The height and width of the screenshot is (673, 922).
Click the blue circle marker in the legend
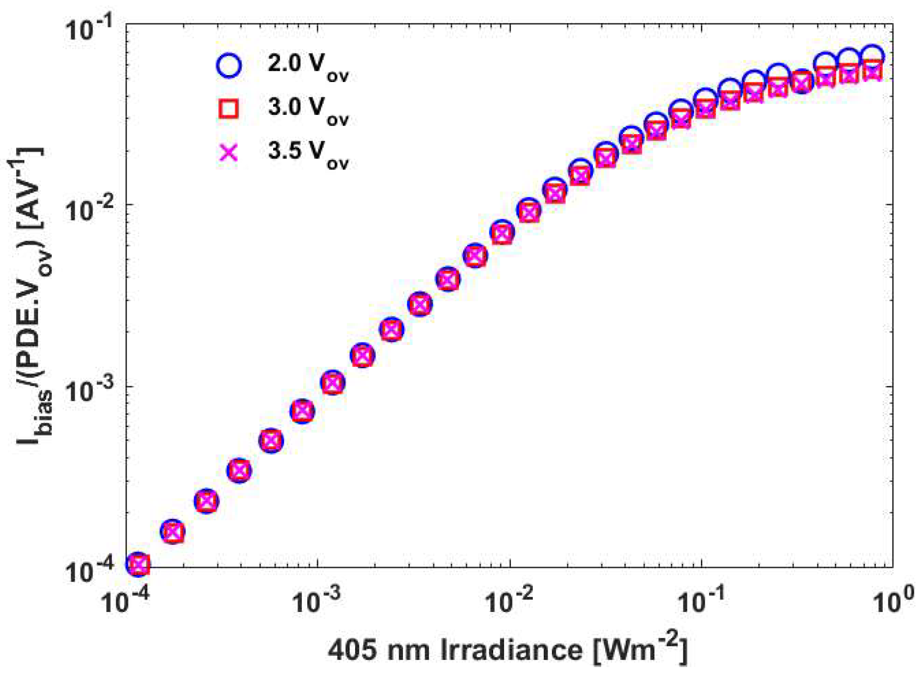[x=229, y=65]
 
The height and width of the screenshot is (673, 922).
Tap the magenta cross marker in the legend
[x=229, y=152]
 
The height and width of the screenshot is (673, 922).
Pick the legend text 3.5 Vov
[x=308, y=154]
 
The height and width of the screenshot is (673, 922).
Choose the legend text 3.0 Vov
[x=308, y=110]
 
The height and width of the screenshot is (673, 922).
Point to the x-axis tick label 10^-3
[x=317, y=601]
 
